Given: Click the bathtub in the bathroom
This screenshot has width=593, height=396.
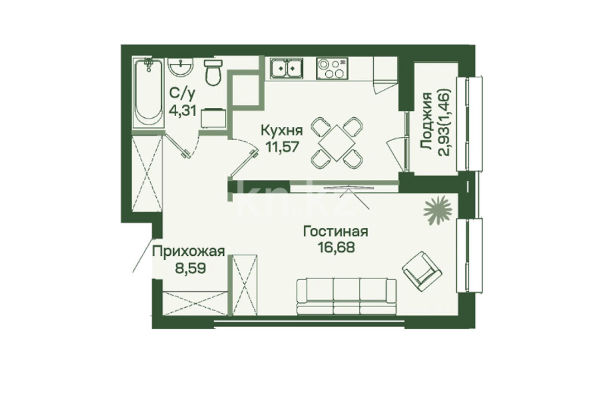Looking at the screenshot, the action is tap(150, 94).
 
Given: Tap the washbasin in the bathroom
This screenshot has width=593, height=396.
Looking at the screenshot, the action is tap(181, 68).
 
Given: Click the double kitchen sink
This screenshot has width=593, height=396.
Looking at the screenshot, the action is tap(286, 68).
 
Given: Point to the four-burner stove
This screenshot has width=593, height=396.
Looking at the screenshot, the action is tap(332, 68).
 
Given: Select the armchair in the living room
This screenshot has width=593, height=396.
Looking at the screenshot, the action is tap(422, 270).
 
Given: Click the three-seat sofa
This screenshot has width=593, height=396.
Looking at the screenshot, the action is tap(347, 297).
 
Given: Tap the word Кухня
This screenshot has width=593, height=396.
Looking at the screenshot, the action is tap(282, 131).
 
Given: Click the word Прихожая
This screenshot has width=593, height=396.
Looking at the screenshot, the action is tap(189, 251).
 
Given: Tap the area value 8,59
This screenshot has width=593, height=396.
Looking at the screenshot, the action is tap(190, 268).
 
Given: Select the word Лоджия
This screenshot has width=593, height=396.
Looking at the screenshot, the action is tap(427, 122).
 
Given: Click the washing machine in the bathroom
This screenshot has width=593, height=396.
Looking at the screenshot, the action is tap(213, 118).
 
